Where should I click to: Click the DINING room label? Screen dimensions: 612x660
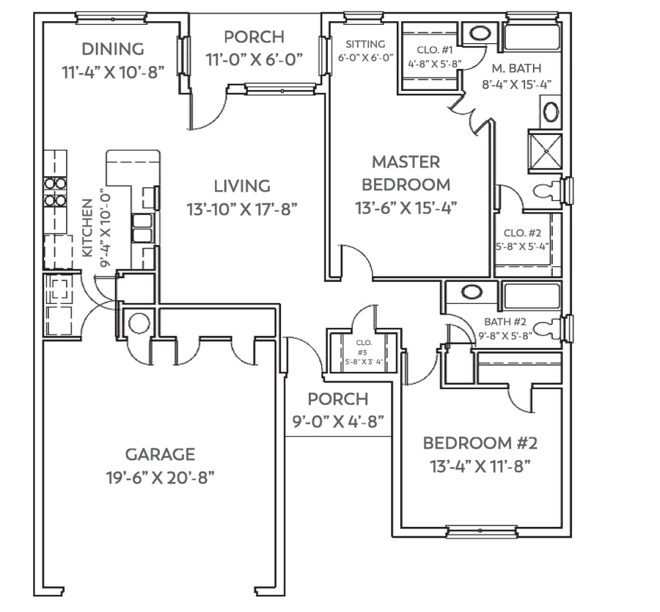(112, 49)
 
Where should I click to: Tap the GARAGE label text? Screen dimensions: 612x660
(159, 454)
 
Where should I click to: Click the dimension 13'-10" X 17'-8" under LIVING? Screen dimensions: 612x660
(241, 208)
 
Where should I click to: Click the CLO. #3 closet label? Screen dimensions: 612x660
(364, 343)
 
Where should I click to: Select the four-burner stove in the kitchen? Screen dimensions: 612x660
(55, 192)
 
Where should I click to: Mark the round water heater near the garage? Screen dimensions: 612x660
(139, 322)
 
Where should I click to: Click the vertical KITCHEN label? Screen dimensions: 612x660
(88, 227)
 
